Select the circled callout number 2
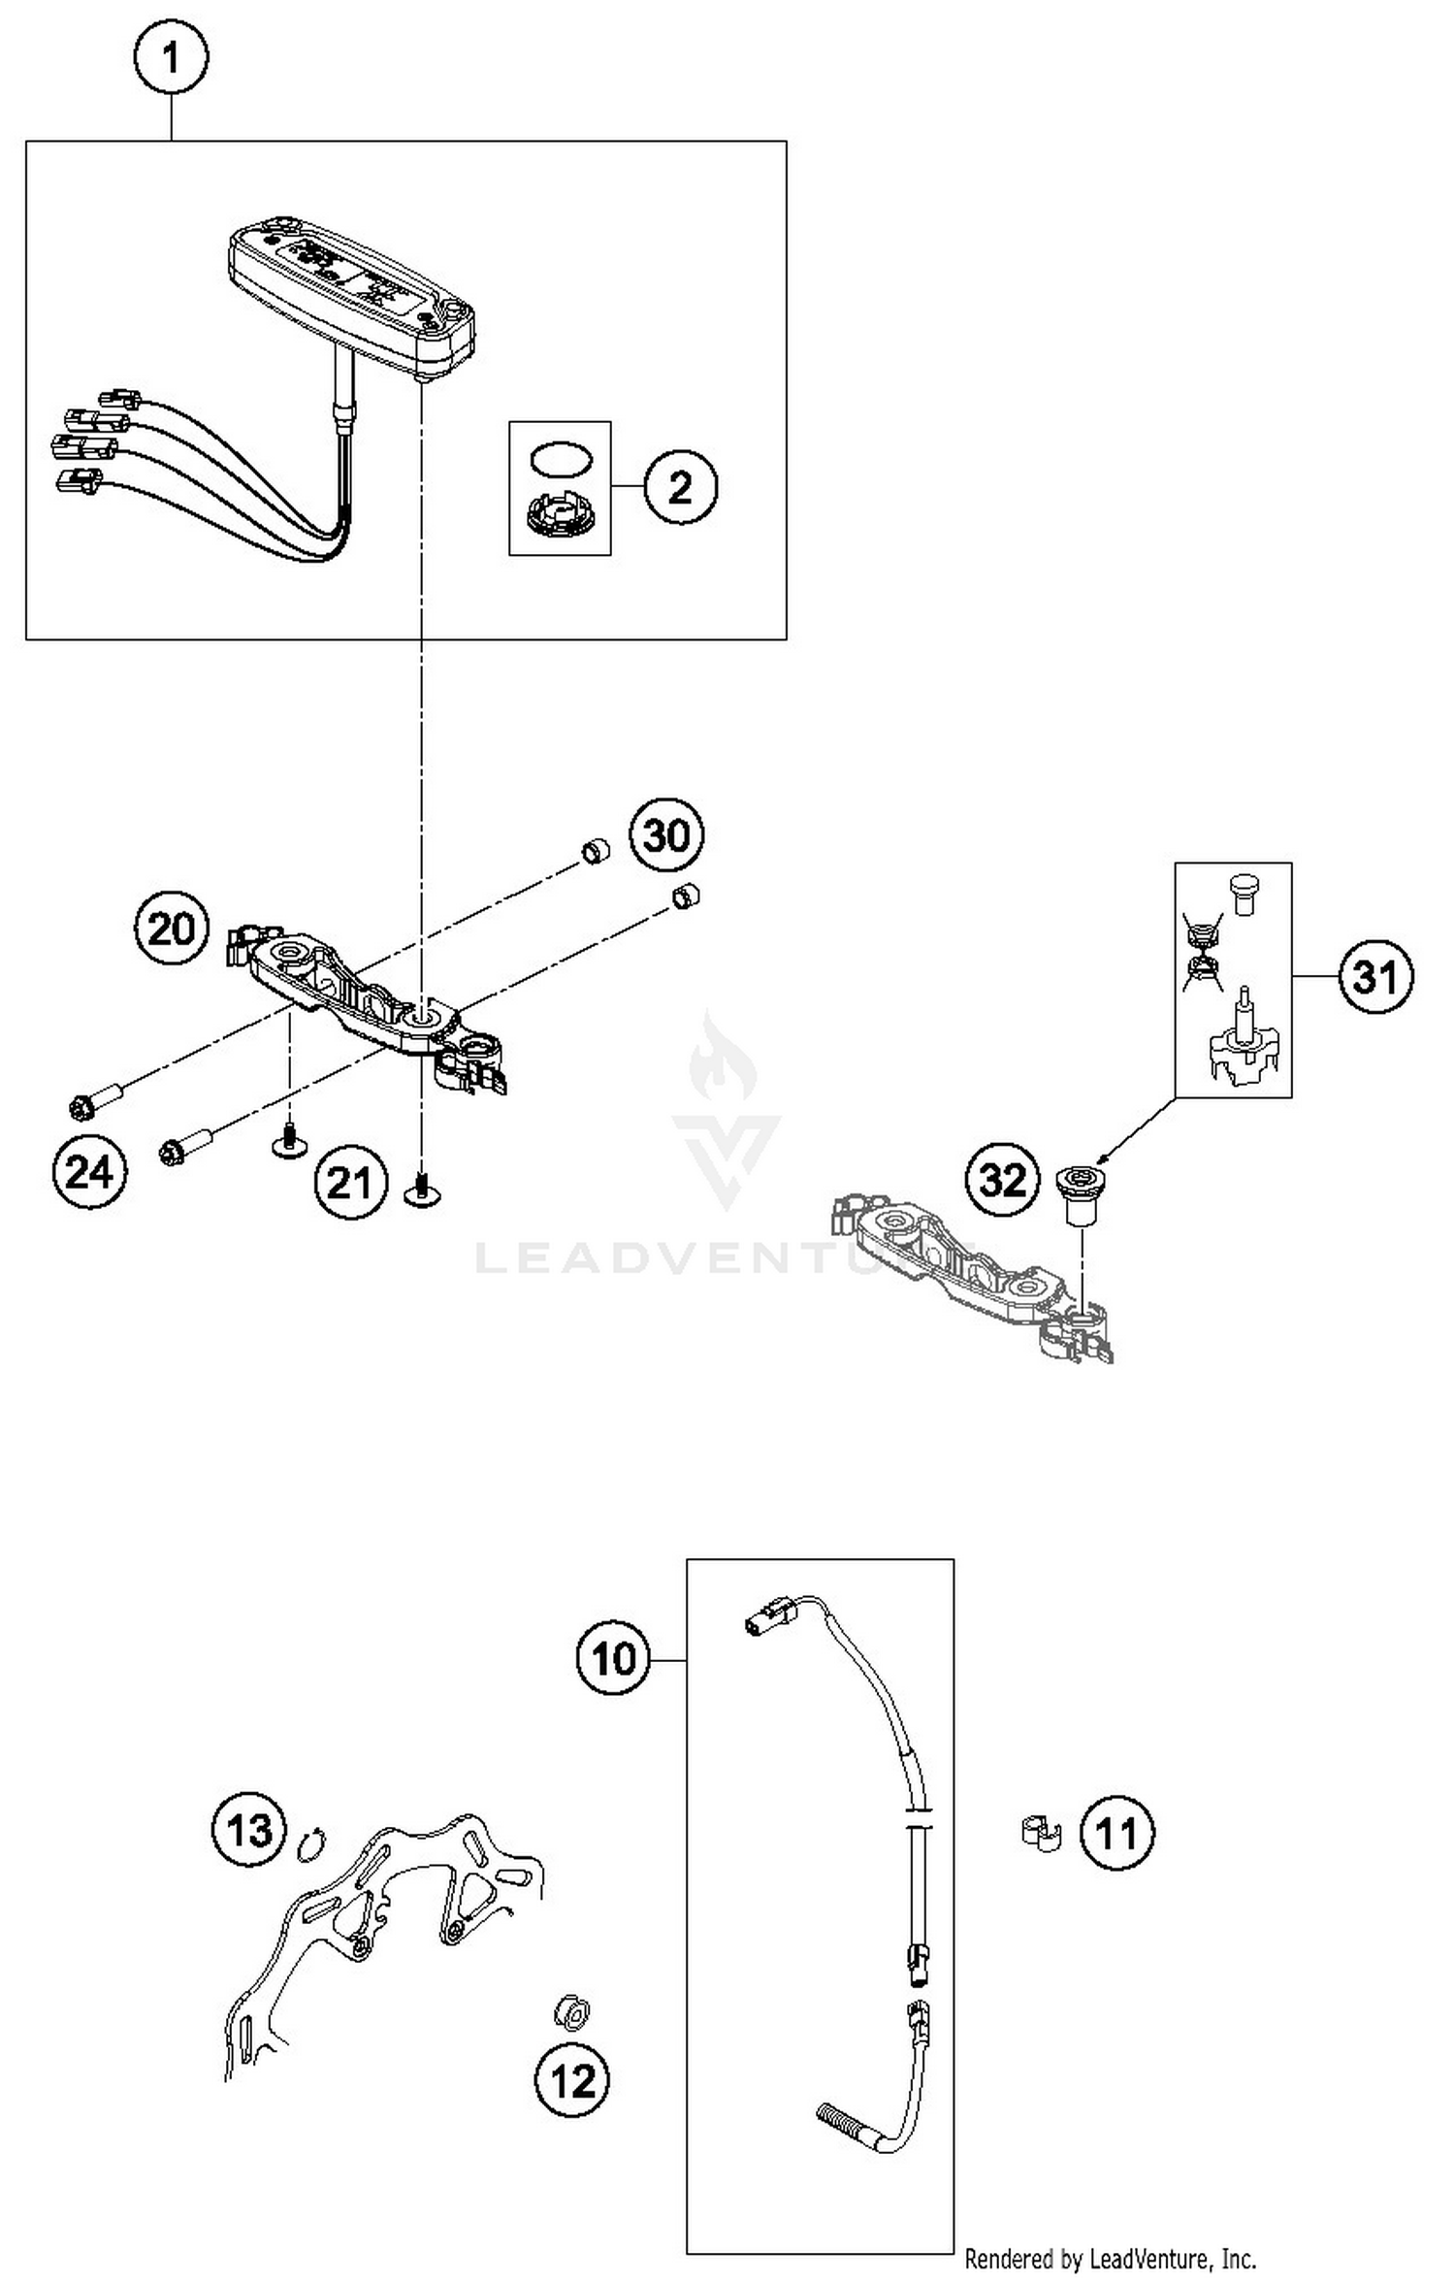point(680,486)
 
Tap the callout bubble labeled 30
point(666,835)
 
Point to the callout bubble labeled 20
point(172,929)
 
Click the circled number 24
point(89,1172)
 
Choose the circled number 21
point(349,1183)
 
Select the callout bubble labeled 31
point(1375,976)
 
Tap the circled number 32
point(1002,1180)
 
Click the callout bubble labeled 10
point(613,1658)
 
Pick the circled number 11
point(1116,1833)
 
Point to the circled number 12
point(572,2080)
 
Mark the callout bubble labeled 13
point(249,1831)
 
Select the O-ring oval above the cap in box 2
point(559,460)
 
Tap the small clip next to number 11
point(1041,1833)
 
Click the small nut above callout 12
point(571,2013)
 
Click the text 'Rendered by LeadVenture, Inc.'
point(1110,2260)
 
